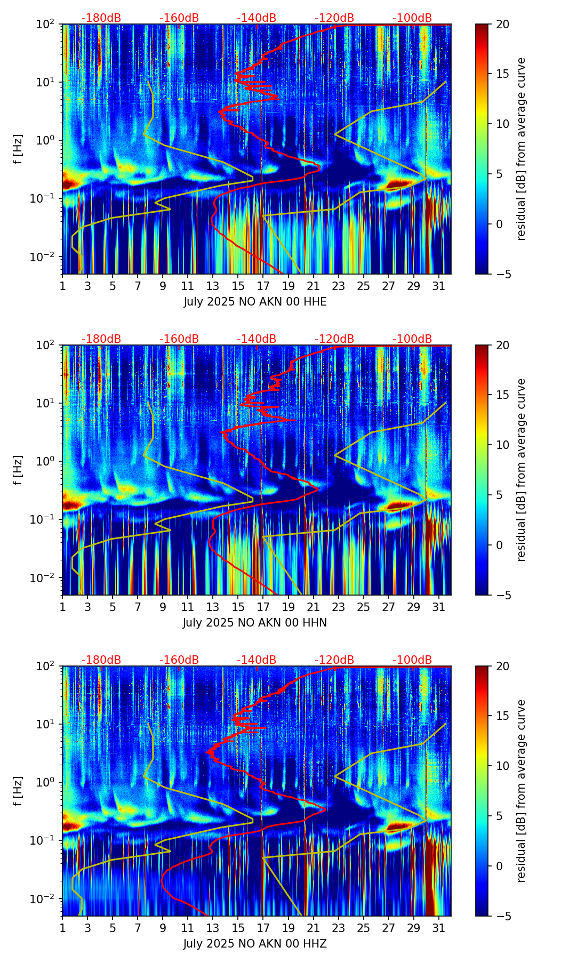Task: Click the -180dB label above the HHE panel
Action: pyautogui.click(x=101, y=18)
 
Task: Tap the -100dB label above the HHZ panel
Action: pyautogui.click(x=412, y=660)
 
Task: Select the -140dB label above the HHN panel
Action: pyautogui.click(x=257, y=339)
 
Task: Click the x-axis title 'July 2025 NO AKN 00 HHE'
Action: pyautogui.click(x=255, y=302)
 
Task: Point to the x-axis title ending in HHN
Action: pyautogui.click(x=255, y=623)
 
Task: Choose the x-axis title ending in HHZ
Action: pyautogui.click(x=255, y=944)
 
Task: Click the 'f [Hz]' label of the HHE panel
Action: pyautogui.click(x=18, y=149)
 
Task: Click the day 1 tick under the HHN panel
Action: pyautogui.click(x=62, y=607)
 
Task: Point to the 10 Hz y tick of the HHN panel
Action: pyautogui.click(x=47, y=403)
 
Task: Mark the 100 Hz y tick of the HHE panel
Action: pyautogui.click(x=47, y=24)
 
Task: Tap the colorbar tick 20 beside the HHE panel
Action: pyautogui.click(x=502, y=24)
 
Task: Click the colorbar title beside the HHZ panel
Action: pyautogui.click(x=521, y=791)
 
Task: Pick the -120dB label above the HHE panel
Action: pyautogui.click(x=334, y=18)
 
